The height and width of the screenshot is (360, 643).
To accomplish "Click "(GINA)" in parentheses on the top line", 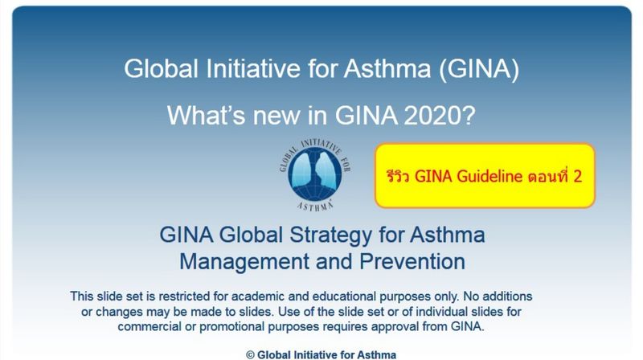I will coord(479,69).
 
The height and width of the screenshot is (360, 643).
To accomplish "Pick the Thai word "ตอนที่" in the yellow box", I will coord(549,177).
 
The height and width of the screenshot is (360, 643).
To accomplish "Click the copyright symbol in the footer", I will coord(251,354).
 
